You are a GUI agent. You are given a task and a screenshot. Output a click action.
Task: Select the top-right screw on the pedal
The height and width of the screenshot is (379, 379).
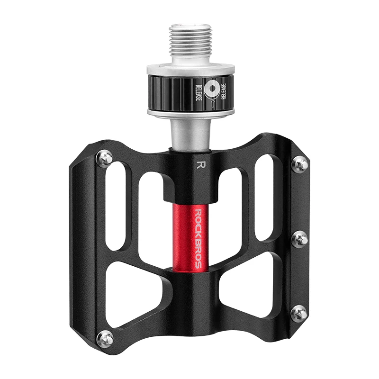pyautogui.click(x=300, y=164)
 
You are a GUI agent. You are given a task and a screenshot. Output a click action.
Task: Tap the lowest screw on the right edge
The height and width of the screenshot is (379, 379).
pyautogui.click(x=298, y=312)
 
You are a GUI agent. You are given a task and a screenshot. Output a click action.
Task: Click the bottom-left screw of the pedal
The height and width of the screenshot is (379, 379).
pyautogui.click(x=106, y=338)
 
